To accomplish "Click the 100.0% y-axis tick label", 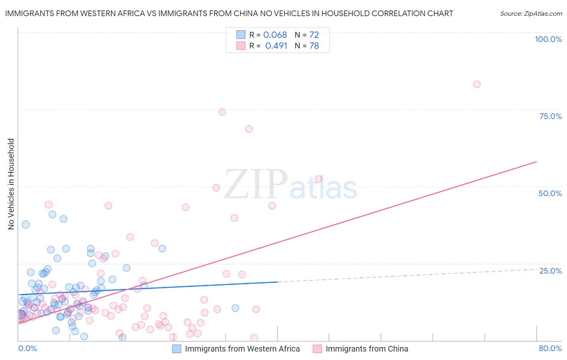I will click(x=548, y=39).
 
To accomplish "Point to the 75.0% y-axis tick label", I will click(x=550, y=116).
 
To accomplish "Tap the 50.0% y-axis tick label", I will click(x=550, y=193).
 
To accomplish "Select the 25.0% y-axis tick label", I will click(x=550, y=270).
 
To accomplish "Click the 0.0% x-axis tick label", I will click(x=27, y=348).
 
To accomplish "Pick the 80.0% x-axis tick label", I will click(x=550, y=348).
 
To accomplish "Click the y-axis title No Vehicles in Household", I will click(x=11, y=184).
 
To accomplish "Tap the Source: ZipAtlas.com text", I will click(x=531, y=14).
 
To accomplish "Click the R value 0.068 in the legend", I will click(x=275, y=35).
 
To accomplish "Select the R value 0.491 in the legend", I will click(x=276, y=46).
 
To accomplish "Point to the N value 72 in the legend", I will click(x=314, y=35).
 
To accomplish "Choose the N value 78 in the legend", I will click(x=314, y=46).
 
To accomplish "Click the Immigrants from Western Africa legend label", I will click(x=242, y=349).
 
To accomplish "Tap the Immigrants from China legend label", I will click(x=367, y=349).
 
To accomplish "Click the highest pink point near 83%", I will click(x=477, y=84).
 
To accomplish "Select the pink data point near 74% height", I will click(x=222, y=112).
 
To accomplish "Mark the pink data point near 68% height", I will click(x=249, y=129).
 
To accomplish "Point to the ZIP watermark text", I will click(x=256, y=184).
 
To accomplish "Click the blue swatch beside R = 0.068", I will click(x=241, y=35).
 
